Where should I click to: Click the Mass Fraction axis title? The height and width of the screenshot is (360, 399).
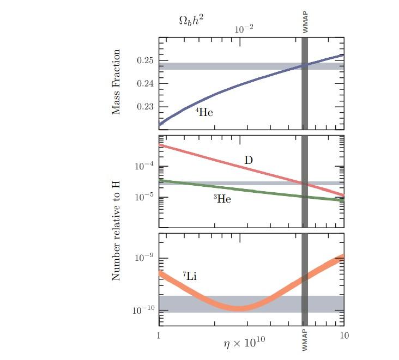pyautogui.click(x=116, y=83)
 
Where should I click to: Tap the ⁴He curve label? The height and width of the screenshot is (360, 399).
pyautogui.click(x=204, y=113)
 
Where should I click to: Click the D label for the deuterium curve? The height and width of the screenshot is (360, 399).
pyautogui.click(x=248, y=160)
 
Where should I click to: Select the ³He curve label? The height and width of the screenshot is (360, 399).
pyautogui.click(x=222, y=199)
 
